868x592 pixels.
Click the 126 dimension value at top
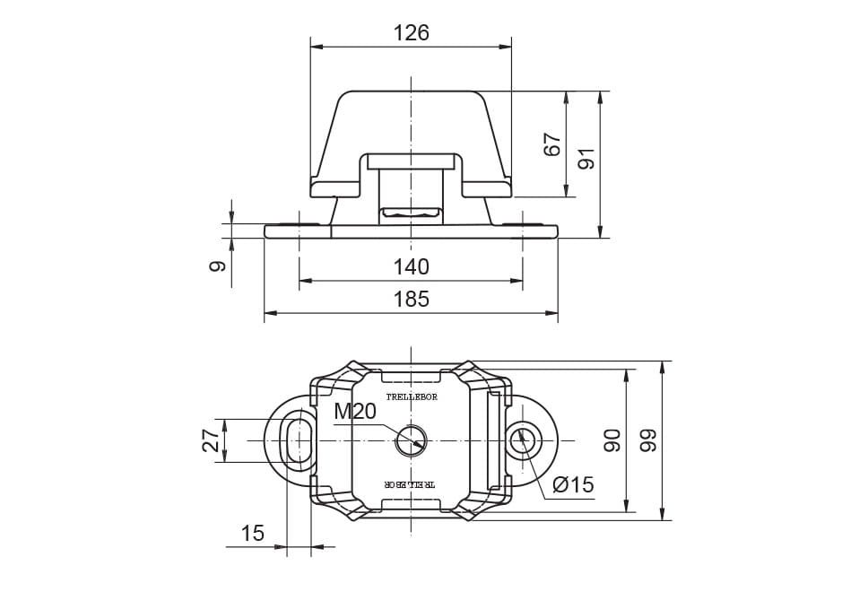[412, 33]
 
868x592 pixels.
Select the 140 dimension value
[412, 266]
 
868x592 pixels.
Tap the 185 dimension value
[412, 300]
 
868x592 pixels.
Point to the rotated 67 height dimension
[552, 144]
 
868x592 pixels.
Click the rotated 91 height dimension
[586, 160]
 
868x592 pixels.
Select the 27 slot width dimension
[211, 440]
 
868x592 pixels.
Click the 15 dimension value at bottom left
[253, 534]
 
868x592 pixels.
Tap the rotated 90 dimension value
[612, 440]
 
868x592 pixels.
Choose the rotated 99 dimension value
[647, 440]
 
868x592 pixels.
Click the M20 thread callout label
[355, 412]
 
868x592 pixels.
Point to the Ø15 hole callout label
[573, 485]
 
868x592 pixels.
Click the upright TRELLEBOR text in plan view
[412, 397]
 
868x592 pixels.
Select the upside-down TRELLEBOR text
[411, 483]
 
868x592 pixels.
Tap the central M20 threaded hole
[412, 440]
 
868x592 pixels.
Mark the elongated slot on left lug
[299, 440]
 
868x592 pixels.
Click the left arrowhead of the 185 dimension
[270, 313]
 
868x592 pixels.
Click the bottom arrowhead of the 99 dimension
[663, 515]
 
